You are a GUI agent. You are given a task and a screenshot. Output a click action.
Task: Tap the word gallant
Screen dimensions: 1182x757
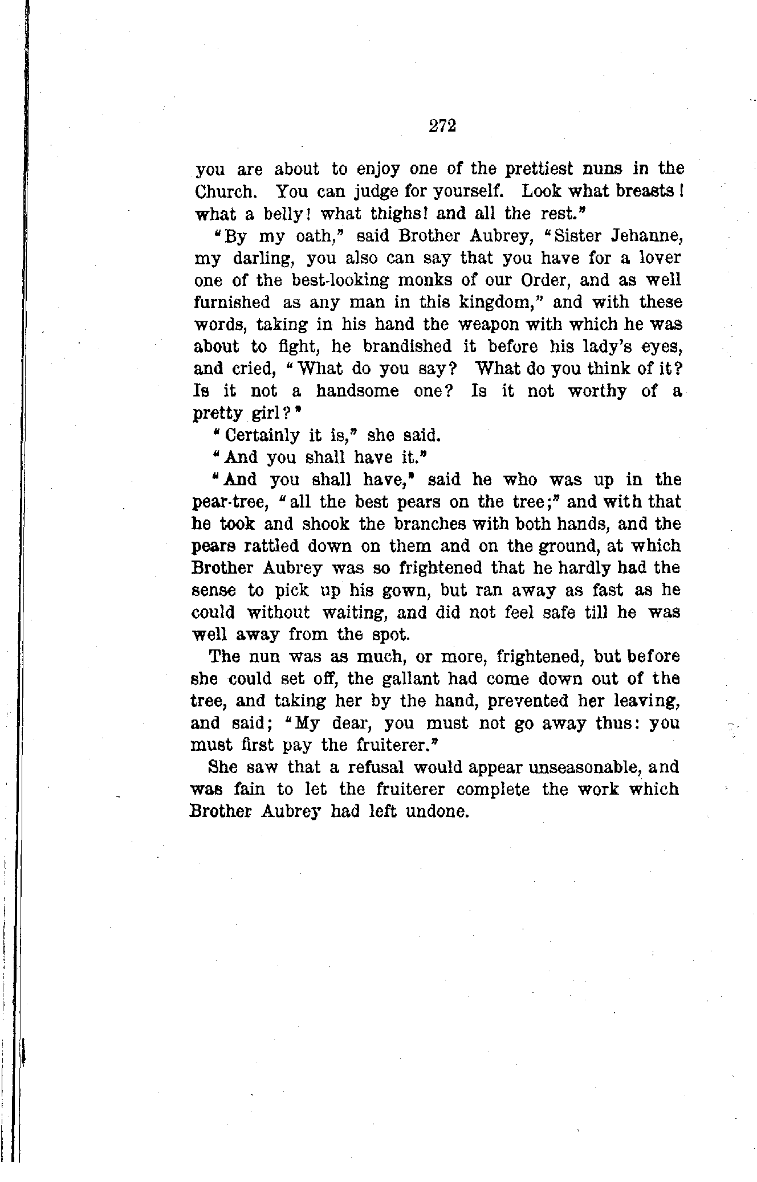(x=402, y=680)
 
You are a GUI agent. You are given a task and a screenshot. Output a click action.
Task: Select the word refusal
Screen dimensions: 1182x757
(x=368, y=768)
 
